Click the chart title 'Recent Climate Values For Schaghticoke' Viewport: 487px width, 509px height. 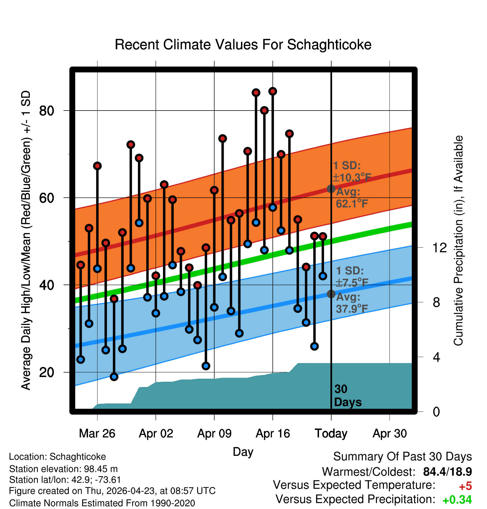(243, 45)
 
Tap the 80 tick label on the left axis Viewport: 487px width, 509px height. (47, 111)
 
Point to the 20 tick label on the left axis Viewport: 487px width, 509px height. (47, 372)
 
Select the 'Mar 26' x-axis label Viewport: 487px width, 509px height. (97, 434)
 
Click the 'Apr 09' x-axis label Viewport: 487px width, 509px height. (214, 434)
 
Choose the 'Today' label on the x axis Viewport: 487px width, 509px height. (331, 434)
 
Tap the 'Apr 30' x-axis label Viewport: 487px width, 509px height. (390, 434)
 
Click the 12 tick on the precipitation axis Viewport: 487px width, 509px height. (439, 248)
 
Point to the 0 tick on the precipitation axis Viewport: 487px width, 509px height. (436, 412)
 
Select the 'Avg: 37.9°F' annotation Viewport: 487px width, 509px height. (352, 303)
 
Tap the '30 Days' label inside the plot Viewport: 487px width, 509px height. (348, 396)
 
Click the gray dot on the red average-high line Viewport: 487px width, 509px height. (331, 189)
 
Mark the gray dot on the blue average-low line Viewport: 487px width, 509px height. (331, 294)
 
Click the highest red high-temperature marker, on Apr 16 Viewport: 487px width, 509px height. (273, 91)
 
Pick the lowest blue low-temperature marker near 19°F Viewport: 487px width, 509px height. (114, 377)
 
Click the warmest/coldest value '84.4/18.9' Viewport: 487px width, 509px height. (447, 472)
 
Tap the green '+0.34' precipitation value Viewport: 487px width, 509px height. (457, 500)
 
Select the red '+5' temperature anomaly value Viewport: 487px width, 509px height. (465, 486)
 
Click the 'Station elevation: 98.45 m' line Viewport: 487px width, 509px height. (64, 469)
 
